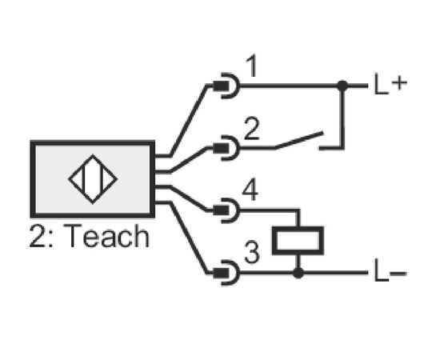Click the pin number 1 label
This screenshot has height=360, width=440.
point(252,66)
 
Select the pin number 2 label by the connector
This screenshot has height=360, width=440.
point(252,129)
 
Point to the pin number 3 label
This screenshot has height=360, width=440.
point(252,252)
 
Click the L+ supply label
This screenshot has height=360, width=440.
point(390,84)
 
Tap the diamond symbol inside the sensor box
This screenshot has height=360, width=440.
point(93,179)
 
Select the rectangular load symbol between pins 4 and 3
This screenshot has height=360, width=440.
point(298,241)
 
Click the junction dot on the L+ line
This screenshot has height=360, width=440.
point(342,86)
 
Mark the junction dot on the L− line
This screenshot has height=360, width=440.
point(298,273)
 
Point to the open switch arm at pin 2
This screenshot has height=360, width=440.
point(298,140)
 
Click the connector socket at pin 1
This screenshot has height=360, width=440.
point(226,86)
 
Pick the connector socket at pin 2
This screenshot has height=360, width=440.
point(226,148)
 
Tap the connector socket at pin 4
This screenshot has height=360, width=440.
point(226,210)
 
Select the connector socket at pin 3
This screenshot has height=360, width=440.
point(226,273)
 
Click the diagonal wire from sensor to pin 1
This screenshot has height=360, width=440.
point(189,120)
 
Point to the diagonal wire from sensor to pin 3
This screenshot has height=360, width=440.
point(189,238)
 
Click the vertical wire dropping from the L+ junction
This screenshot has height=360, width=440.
point(342,117)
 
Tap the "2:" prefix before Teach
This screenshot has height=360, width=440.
point(42,236)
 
